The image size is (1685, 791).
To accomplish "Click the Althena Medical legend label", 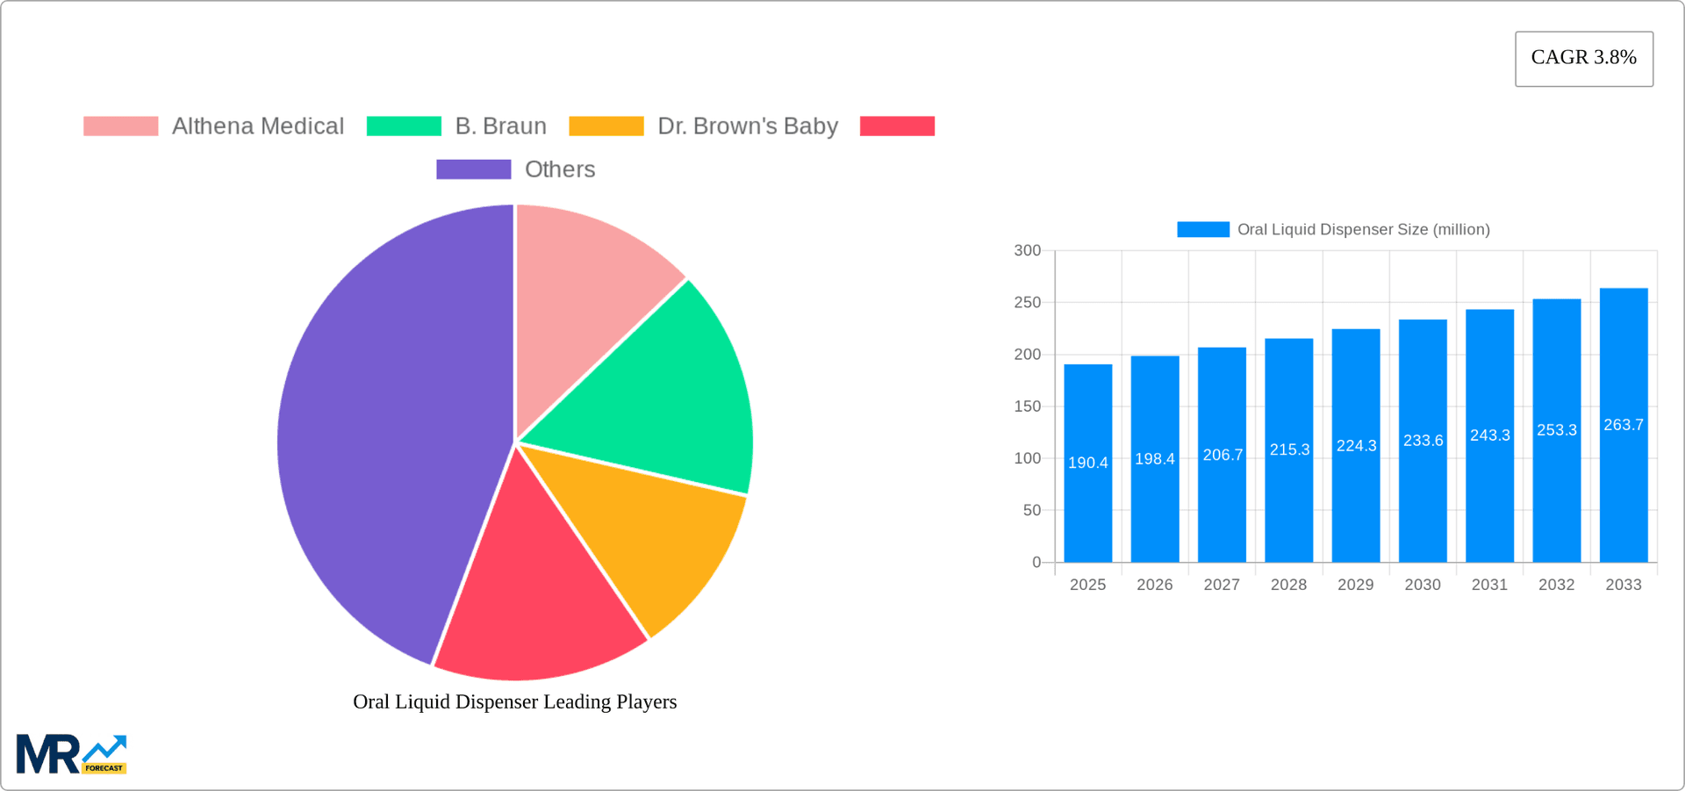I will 258,126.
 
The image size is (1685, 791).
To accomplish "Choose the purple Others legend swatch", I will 473,169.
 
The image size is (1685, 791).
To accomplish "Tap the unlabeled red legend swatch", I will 897,126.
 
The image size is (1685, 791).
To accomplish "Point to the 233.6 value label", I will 1423,441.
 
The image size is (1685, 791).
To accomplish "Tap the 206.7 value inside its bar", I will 1222,455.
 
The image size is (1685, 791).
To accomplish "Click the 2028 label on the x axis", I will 1288,585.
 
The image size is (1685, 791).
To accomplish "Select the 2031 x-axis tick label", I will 1489,585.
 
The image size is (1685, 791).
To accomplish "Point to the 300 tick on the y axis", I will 1027,251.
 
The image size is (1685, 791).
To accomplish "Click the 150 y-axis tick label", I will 1027,406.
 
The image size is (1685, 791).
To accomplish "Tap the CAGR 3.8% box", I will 1583,58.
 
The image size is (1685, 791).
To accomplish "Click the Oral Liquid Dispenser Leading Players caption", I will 514,702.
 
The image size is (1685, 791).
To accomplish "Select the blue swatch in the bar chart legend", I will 1202,229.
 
